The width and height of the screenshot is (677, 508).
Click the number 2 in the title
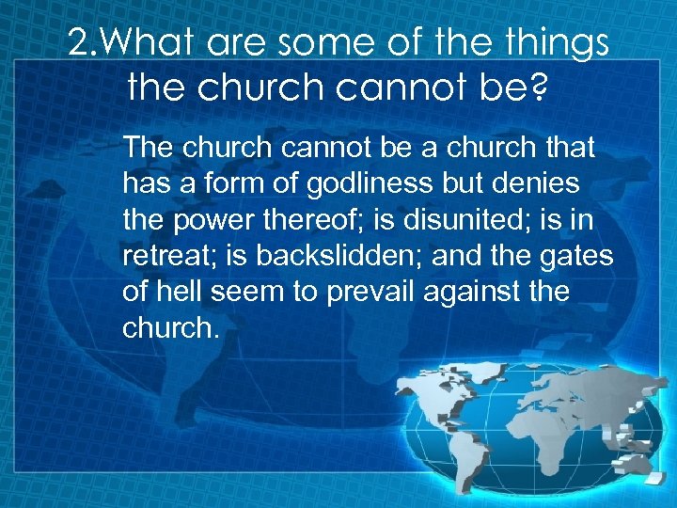pos(79,43)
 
